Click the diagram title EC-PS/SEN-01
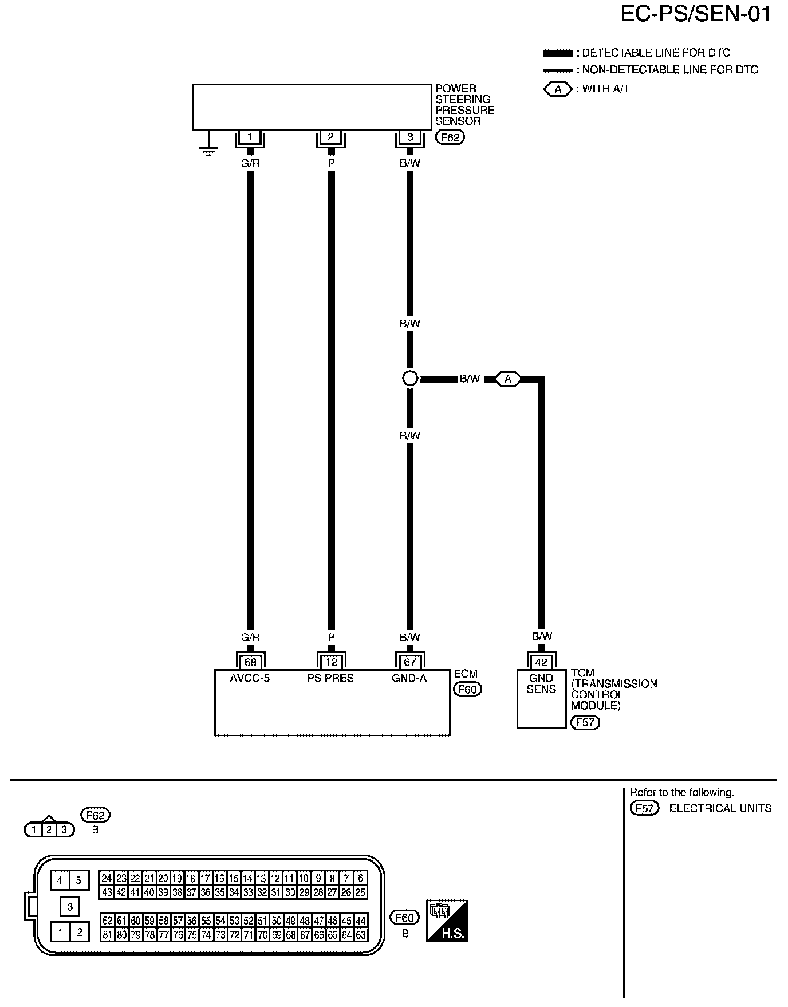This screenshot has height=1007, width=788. coord(696,15)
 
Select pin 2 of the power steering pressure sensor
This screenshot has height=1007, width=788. coord(330,137)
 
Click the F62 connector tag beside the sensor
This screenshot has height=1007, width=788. coord(450,137)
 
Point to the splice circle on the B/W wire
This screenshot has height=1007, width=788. coord(410,379)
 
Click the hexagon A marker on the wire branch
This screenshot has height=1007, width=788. coord(508,379)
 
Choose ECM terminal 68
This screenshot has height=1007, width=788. coord(250,663)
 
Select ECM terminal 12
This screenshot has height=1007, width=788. coord(331,663)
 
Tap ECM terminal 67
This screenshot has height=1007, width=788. coord(410,663)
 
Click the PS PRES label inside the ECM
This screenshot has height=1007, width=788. coord(330,678)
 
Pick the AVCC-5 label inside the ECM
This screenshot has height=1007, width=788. coord(250,678)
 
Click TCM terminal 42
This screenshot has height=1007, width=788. coord(541,663)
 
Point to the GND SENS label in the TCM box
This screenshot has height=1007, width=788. coord(541,683)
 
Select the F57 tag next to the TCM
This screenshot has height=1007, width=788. coord(585,722)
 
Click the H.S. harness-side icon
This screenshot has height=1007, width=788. coord(447,921)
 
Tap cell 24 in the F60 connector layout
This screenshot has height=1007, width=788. coord(107,878)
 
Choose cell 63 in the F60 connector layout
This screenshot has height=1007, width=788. coord(361,935)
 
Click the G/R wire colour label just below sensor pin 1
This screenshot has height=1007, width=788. coord(250,163)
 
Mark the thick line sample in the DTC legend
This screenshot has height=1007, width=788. coord(557,53)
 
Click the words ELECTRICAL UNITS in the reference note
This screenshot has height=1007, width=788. coord(720,809)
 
